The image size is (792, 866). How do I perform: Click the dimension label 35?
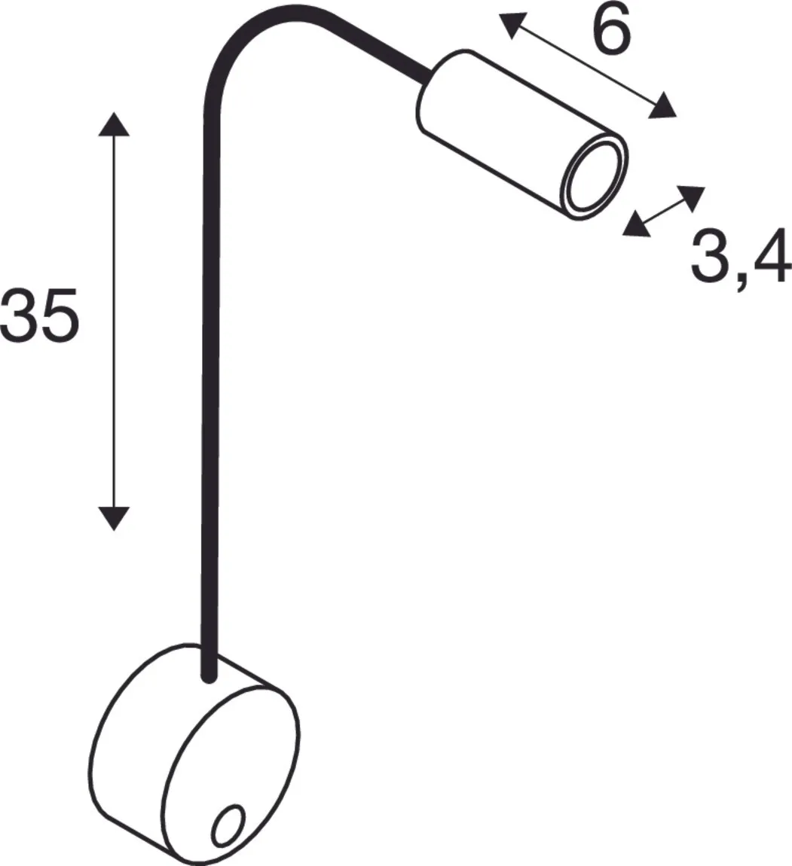pyautogui.click(x=39, y=314)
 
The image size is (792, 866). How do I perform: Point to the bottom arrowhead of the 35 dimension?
pyautogui.click(x=114, y=518)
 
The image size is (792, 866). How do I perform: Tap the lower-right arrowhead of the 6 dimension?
pyautogui.click(x=662, y=106)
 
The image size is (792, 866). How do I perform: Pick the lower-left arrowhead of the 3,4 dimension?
pyautogui.click(x=636, y=224)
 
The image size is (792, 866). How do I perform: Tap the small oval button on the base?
pyautogui.click(x=228, y=825)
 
